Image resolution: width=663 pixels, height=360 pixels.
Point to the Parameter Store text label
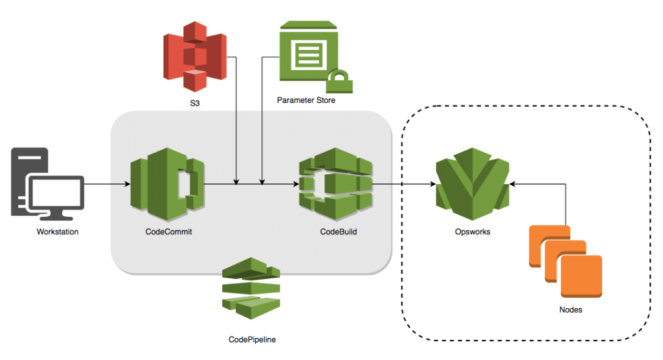pyautogui.click(x=306, y=100)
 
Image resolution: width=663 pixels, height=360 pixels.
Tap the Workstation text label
pyautogui.click(x=58, y=231)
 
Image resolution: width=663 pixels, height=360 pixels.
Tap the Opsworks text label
pyautogui.click(x=472, y=231)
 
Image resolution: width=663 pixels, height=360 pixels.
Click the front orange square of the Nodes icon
pyautogui.click(x=581, y=276)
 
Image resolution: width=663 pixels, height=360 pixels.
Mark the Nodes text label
pyautogui.click(x=570, y=309)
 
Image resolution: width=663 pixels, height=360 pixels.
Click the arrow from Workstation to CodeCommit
pyautogui.click(x=107, y=185)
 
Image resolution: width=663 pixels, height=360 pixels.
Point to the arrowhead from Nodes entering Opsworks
pyautogui.click(x=513, y=185)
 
